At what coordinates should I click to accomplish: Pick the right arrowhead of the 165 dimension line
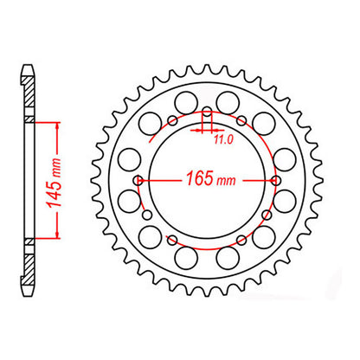point(273,181)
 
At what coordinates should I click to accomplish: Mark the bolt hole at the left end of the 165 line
point(139,181)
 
